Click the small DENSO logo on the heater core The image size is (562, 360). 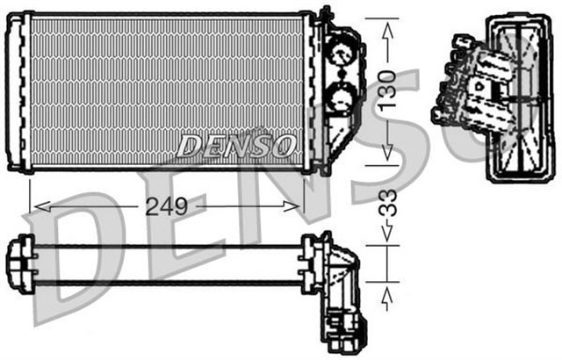coord(235,145)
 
